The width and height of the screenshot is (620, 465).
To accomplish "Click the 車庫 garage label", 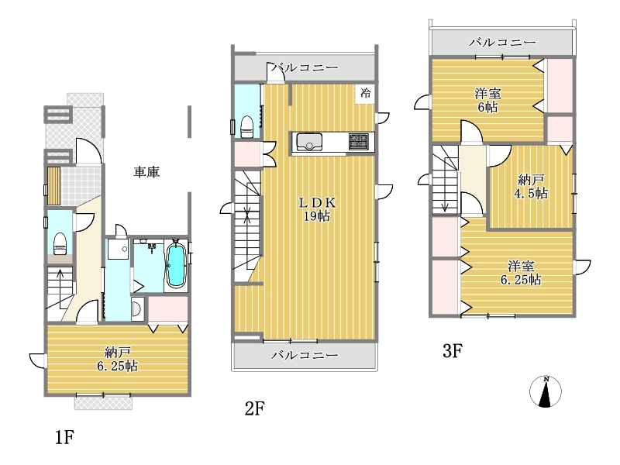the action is [x=146, y=172].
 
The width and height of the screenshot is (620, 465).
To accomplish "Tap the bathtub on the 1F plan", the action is [x=176, y=264].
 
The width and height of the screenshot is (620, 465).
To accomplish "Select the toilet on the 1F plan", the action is [x=60, y=244].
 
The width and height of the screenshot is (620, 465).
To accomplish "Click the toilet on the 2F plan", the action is [x=247, y=126].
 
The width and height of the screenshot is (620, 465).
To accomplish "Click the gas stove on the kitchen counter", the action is [x=359, y=142].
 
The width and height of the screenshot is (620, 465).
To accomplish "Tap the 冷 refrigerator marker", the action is [x=366, y=93].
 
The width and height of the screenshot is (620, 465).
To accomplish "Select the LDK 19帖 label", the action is [x=317, y=209].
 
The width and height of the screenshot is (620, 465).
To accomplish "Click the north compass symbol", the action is [x=546, y=391].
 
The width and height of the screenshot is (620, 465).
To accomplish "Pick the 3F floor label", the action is [x=453, y=351].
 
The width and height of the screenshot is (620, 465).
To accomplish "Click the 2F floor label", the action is [x=255, y=408].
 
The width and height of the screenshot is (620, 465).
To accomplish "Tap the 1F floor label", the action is [x=64, y=437].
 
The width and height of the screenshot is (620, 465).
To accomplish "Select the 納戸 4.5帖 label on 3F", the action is [x=531, y=187].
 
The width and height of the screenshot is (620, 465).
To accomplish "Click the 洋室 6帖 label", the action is [x=488, y=101].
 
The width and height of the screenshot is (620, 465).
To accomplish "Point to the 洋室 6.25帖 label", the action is [x=521, y=273].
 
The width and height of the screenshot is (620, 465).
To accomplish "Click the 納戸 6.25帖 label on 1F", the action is [x=118, y=359].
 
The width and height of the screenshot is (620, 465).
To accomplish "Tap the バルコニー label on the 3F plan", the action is [x=502, y=42].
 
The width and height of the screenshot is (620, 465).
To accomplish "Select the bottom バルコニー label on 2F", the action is [x=305, y=355].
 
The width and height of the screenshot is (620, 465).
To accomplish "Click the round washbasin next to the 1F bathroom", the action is [x=137, y=309].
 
